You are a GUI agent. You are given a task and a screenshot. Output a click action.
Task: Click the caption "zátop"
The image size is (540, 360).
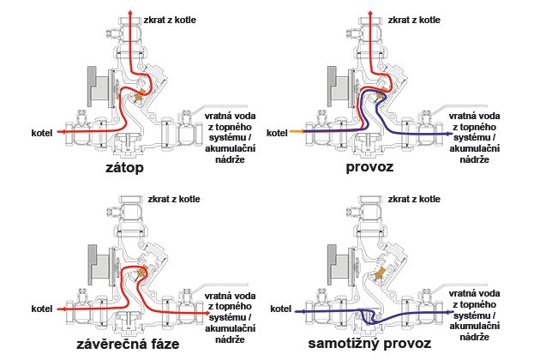point(124,169)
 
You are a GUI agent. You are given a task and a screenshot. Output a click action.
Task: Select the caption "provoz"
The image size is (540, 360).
point(369,167)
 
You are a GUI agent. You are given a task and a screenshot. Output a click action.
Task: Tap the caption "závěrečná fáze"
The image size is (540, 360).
point(128,344)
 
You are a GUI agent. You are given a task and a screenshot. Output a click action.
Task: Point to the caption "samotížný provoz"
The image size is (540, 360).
point(369,344)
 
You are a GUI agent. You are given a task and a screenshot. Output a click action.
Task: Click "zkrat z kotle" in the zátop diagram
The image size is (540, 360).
point(170,20)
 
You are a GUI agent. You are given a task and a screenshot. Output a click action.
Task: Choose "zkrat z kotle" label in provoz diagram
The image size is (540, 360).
point(414,20)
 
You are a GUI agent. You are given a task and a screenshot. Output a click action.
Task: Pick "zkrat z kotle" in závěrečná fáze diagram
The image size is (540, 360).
point(174,199)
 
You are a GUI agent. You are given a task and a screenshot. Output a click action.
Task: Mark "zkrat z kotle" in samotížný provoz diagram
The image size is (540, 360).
point(414,199)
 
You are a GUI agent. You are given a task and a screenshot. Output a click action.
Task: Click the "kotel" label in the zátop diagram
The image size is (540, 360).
point(42,133)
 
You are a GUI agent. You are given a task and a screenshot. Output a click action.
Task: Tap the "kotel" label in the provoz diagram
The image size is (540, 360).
point(277,133)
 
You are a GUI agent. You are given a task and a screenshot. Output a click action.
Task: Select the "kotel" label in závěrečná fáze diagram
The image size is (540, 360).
point(42,309)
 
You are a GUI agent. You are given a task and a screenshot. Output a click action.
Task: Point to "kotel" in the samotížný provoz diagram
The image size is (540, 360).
point(280,309)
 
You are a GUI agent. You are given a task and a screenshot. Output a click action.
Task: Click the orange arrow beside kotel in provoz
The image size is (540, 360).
point(297,131)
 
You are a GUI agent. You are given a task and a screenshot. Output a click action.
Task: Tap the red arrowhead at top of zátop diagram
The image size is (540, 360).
point(130,13)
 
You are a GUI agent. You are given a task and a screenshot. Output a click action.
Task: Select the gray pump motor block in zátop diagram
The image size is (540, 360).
point(99,87)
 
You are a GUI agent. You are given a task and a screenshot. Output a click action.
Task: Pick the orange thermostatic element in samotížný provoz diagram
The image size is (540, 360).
point(379,273)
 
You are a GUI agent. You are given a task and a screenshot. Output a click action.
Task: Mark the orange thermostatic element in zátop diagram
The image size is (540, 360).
point(140,95)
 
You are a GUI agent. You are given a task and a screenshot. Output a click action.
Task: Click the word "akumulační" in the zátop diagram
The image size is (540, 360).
point(230,148)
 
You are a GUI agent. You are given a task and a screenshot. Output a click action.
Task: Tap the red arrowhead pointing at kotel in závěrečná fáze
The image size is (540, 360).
point(59,309)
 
